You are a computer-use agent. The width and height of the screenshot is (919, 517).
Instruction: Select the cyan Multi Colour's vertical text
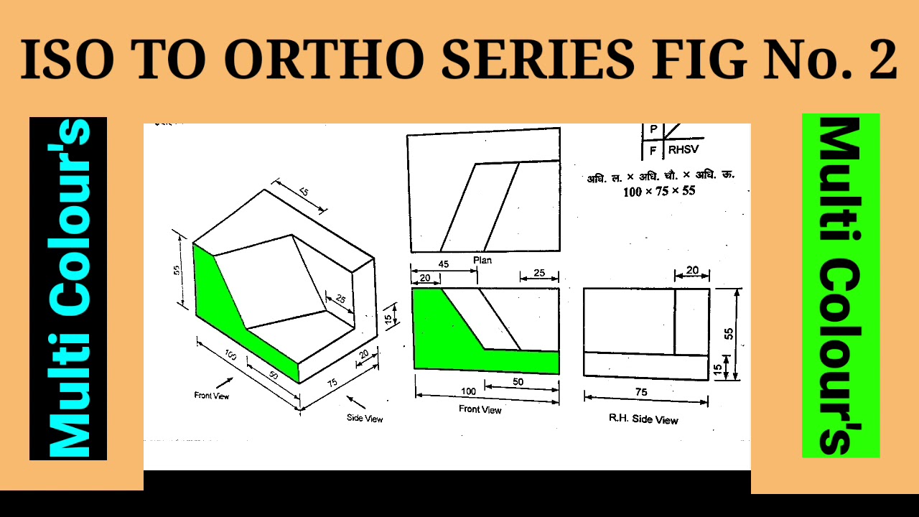[x=68, y=288]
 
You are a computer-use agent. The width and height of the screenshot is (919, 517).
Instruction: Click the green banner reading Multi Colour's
[x=841, y=286]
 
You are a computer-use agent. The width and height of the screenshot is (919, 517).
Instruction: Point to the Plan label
[x=482, y=260]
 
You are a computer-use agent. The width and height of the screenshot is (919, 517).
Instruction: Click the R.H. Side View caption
[x=643, y=419]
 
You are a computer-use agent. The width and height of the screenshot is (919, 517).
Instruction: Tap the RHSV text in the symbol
[x=684, y=151]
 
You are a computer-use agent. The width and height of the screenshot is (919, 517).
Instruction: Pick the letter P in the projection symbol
[x=653, y=129]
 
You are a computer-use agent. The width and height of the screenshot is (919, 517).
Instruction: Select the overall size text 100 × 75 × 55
[x=659, y=191]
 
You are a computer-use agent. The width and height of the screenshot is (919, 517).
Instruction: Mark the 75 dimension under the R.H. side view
[x=641, y=392]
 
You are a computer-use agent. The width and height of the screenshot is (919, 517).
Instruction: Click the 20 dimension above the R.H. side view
[x=692, y=270]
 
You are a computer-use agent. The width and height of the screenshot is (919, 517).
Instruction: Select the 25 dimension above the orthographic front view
[x=540, y=273]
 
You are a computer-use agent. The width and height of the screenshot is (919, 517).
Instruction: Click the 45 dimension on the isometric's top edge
[x=303, y=193]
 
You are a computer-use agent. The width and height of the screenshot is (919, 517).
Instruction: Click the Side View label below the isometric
[x=365, y=418]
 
